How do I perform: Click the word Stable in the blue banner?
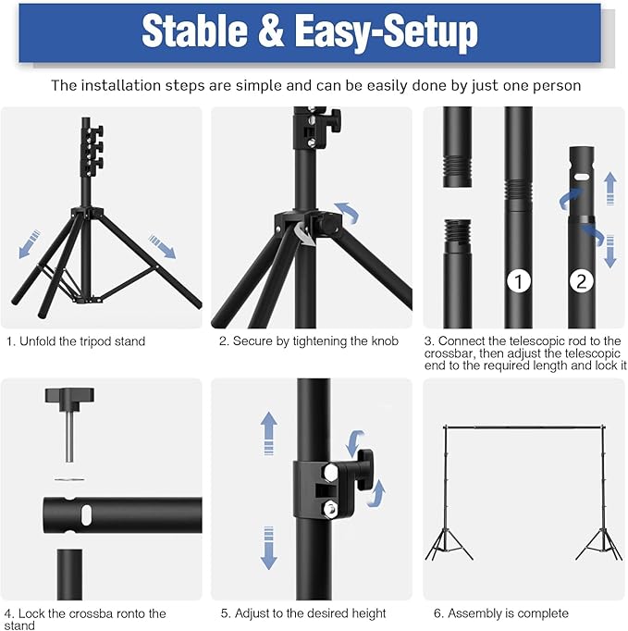[195, 31]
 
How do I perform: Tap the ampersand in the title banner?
[271, 31]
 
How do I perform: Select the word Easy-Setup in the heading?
[387, 33]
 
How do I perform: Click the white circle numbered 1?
[518, 281]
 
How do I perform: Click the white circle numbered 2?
[582, 281]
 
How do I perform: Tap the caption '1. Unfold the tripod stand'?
[76, 341]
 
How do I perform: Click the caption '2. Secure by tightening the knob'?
[309, 341]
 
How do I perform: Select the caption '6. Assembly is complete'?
[501, 613]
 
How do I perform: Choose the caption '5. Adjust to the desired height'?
[303, 613]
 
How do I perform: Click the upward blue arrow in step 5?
[269, 433]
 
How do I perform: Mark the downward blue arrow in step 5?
[269, 548]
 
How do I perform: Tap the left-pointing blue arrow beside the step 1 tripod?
[30, 244]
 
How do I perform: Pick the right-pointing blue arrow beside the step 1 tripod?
[162, 246]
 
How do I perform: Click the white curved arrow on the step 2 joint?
[304, 234]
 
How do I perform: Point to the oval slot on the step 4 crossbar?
[87, 514]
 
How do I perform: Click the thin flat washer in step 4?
[69, 479]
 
